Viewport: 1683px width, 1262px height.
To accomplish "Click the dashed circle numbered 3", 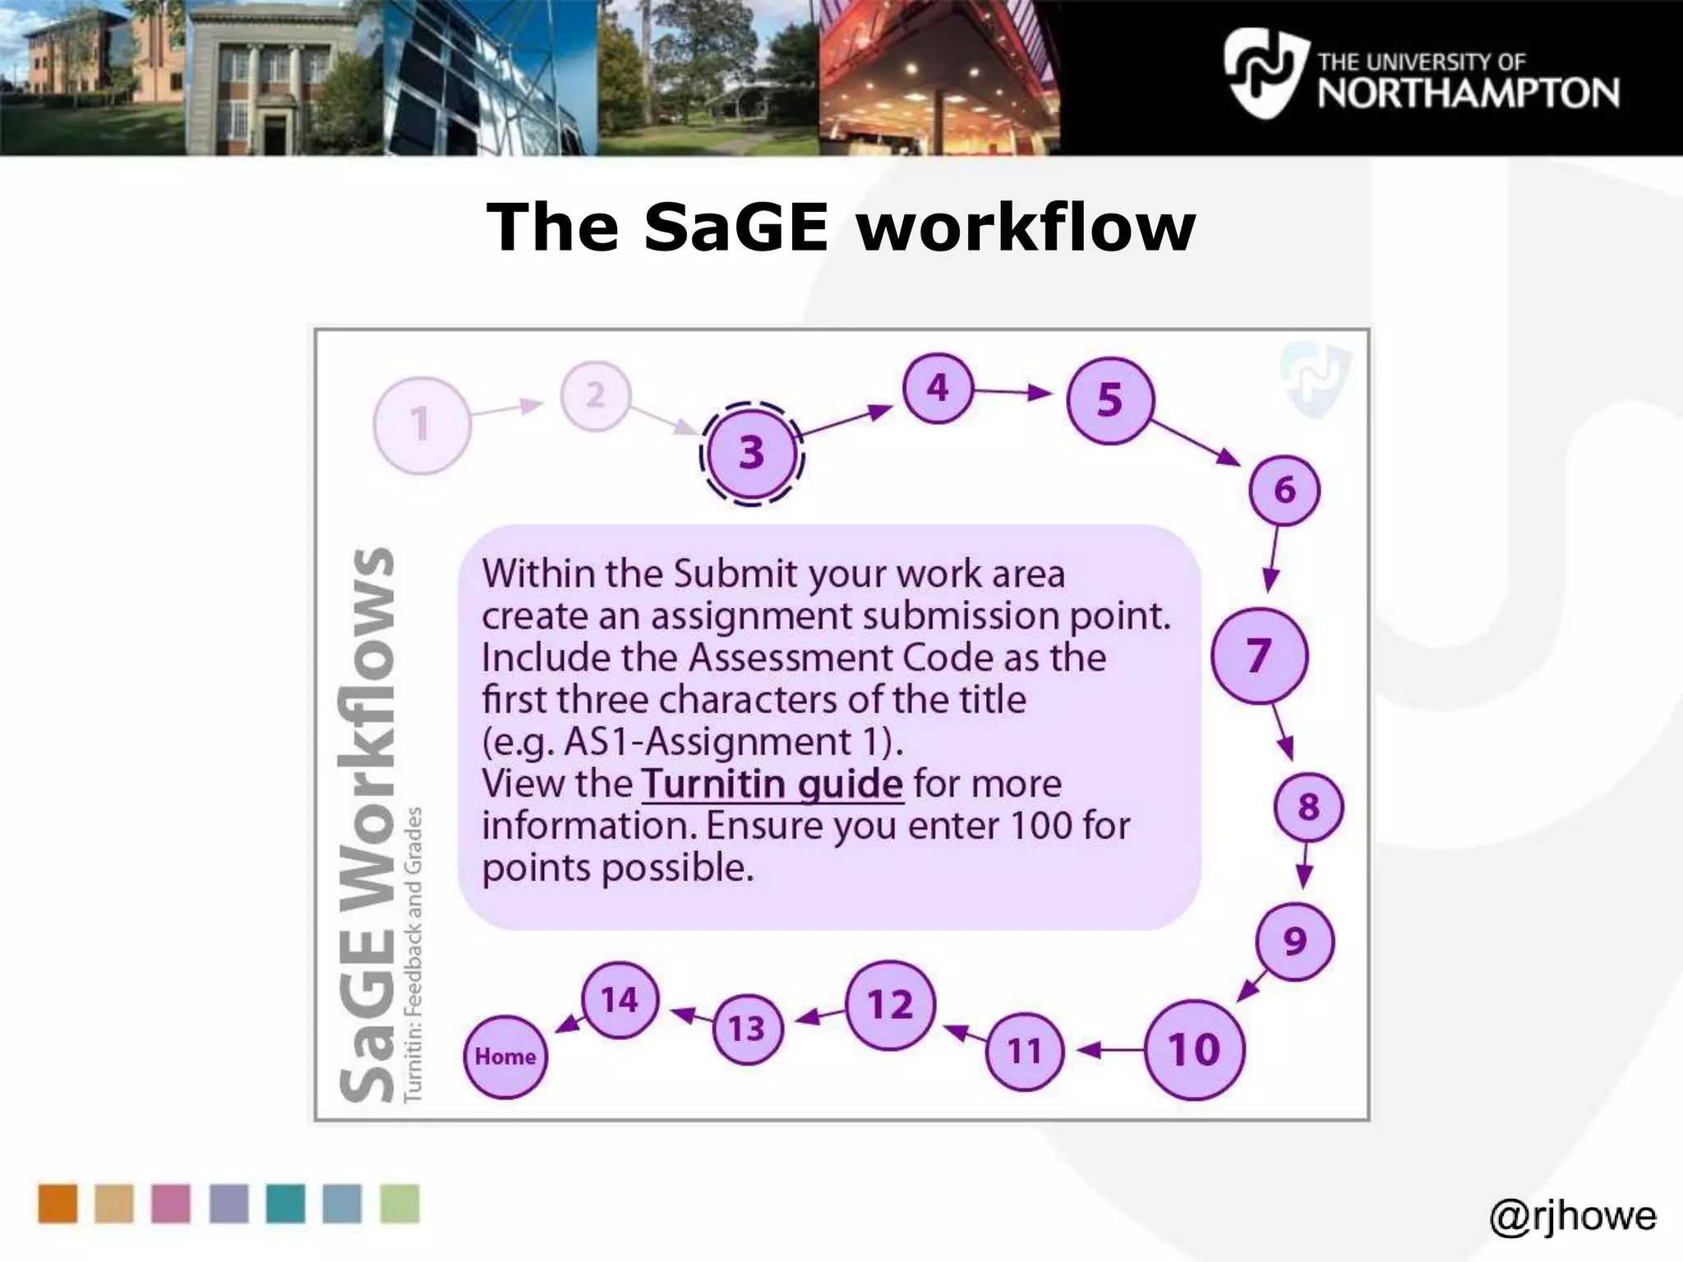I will [x=751, y=453].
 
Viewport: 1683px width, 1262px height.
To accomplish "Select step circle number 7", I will [x=1259, y=655].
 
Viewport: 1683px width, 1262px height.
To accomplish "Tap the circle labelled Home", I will [x=505, y=1056].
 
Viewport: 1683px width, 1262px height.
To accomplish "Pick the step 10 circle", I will [x=1194, y=1049].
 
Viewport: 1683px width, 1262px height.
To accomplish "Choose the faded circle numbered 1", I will [x=422, y=425].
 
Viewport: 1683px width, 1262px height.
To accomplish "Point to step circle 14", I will [x=620, y=1000].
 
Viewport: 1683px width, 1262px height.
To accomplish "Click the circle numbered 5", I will [x=1109, y=401].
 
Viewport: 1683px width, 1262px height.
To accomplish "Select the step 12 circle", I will [x=891, y=1005].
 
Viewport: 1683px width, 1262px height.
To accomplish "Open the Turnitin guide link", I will [x=772, y=784].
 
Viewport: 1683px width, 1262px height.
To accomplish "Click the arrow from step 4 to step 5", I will [x=1012, y=392].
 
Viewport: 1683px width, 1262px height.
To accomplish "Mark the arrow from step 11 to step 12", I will [x=965, y=1034].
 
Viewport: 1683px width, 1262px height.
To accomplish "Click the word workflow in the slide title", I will [x=1026, y=227].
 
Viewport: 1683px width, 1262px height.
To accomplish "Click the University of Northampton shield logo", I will [x=1263, y=72].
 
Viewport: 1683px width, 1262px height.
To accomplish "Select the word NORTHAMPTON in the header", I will [x=1469, y=94].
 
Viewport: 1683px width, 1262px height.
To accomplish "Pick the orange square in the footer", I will [x=58, y=1204].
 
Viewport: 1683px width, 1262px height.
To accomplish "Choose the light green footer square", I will [x=399, y=1204].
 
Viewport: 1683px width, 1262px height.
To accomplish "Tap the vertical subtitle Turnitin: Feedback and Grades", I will [x=413, y=953].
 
